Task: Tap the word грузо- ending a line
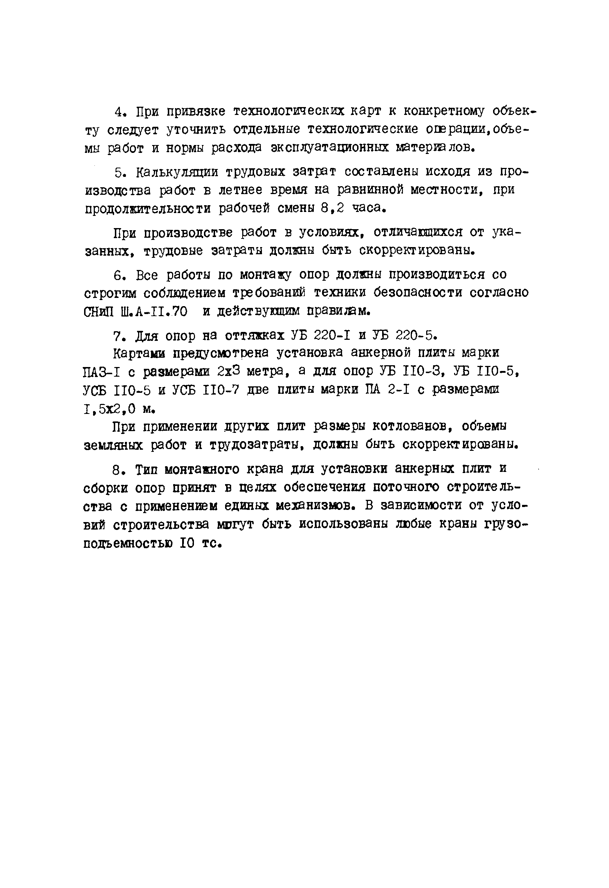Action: [506, 524]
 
